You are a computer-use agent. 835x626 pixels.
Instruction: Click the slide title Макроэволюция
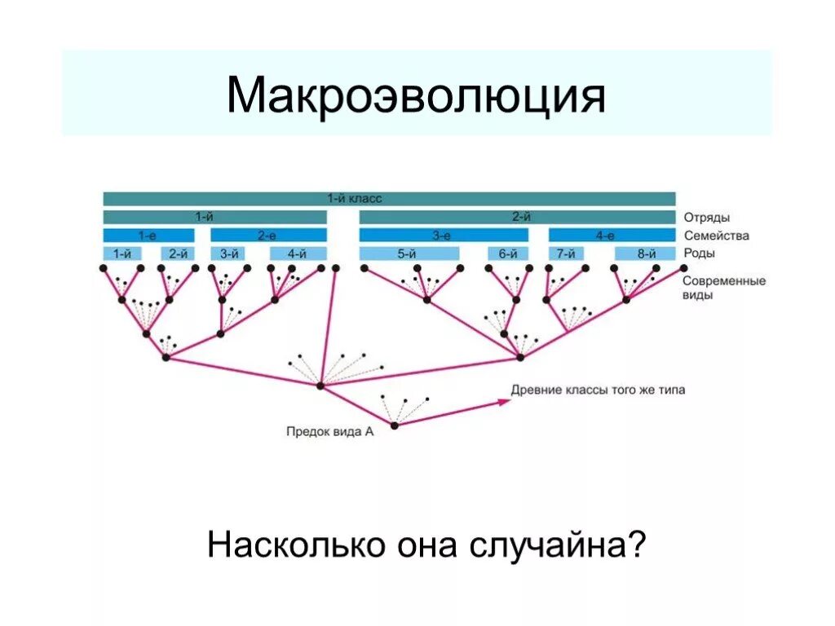(416, 96)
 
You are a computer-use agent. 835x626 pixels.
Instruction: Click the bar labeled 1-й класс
(389, 199)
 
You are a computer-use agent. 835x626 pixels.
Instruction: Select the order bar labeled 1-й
(214, 218)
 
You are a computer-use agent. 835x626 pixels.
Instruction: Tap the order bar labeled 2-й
(518, 218)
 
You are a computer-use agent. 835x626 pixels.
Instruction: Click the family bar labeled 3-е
(443, 236)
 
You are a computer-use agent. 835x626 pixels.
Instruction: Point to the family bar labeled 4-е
(604, 236)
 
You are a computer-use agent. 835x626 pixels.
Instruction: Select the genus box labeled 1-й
(122, 253)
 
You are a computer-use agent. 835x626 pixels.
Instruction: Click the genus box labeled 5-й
(407, 253)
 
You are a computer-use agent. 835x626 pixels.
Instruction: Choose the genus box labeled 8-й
(647, 253)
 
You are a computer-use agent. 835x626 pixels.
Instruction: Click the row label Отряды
(706, 218)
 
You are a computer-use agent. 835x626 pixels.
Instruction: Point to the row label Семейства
(716, 236)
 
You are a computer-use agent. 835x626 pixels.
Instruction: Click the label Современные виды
(723, 288)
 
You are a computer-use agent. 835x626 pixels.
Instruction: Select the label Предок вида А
(329, 432)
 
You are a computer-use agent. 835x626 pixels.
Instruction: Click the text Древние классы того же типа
(598, 390)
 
